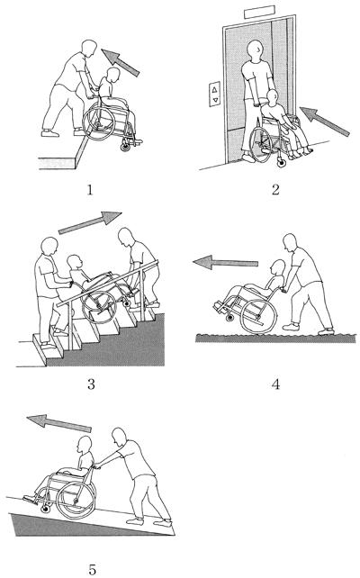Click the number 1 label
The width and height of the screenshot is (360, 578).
coord(89,190)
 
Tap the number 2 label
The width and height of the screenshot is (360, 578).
coord(275,190)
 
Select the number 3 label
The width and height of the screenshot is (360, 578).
coord(91,384)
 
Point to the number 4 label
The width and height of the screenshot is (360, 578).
coord(275,384)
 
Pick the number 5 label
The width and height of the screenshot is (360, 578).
coord(92,569)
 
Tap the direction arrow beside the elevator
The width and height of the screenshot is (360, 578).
coord(324,121)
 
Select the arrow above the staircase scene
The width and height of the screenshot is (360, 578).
coord(90,222)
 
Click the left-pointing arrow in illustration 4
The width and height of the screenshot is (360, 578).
coord(225,263)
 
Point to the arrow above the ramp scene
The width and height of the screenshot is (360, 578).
coord(59,423)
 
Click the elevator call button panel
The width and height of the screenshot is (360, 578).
coord(215,94)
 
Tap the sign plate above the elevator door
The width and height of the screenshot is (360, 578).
coord(259,12)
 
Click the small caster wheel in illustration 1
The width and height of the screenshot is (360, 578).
coord(126,147)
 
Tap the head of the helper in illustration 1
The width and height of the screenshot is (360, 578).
coord(89,48)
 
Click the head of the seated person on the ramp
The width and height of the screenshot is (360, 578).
coord(85,445)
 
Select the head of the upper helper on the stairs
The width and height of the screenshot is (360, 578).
coord(126,237)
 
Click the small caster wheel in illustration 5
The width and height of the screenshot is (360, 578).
coord(46,509)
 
